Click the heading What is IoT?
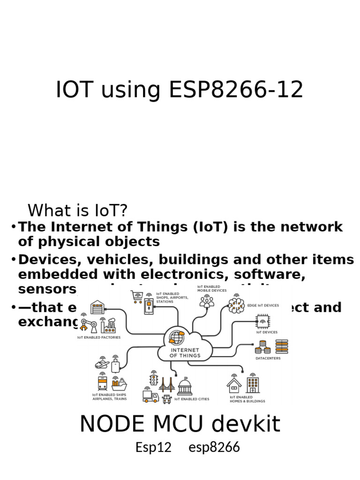click(78, 210)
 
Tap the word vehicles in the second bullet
click(115, 259)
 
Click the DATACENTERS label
click(268, 359)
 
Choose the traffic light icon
click(153, 378)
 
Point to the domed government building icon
click(185, 387)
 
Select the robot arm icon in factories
click(87, 324)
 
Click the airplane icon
click(102, 364)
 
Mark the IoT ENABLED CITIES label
click(192, 399)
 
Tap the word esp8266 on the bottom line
click(214, 447)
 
